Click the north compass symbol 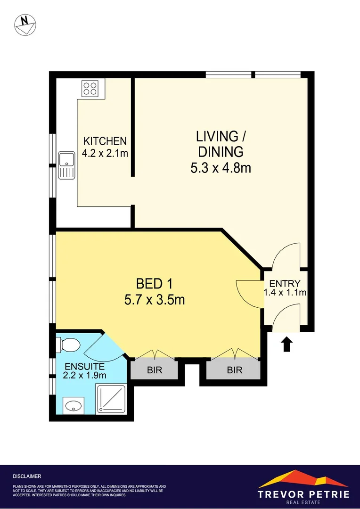tap(26, 24)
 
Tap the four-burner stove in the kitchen tap(90, 88)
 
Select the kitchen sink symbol tap(66, 165)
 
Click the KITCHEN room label tap(105, 141)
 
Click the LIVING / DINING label tap(221, 144)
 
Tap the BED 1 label tap(154, 284)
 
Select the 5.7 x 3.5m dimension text tap(154, 300)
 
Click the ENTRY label tap(285, 283)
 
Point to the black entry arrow tap(287, 345)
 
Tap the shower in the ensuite tap(111, 399)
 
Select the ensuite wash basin tap(74, 405)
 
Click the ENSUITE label tap(85, 366)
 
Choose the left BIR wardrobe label tap(155, 370)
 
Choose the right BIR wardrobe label tap(235, 370)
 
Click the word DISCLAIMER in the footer tap(27, 476)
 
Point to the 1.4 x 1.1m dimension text tap(285, 293)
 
